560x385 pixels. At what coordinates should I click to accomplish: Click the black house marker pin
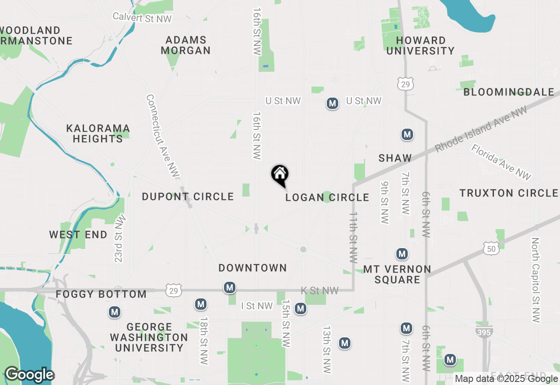280,175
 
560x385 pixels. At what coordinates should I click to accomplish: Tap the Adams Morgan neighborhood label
185,45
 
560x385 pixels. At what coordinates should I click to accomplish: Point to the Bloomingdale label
508,92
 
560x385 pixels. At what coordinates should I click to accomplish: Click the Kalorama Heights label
98,133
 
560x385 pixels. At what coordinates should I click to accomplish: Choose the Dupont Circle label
188,196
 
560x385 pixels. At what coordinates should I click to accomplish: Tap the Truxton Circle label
508,193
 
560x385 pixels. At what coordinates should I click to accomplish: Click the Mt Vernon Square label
397,274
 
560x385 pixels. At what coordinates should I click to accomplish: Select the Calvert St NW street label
142,17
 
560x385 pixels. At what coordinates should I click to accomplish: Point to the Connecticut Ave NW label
163,136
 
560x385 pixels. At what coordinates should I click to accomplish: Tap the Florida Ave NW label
501,162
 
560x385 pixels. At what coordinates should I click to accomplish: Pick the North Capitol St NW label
536,280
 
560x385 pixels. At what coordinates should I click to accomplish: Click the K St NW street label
320,290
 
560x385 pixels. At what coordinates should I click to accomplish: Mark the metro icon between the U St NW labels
332,104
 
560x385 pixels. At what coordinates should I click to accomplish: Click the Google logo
30,375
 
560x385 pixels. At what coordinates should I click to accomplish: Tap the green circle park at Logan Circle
327,197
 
